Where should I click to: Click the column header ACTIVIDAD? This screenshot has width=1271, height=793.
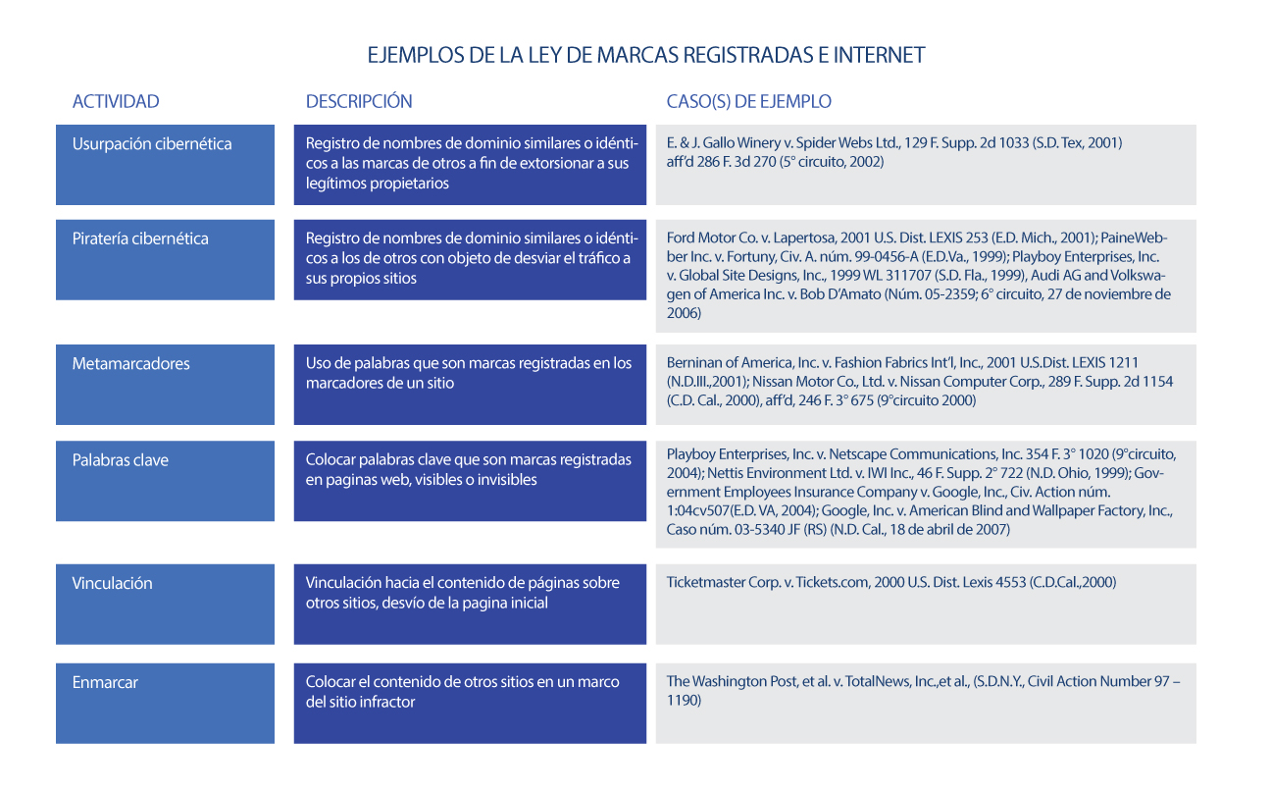tap(115, 101)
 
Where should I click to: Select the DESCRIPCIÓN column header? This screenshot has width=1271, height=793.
tap(359, 101)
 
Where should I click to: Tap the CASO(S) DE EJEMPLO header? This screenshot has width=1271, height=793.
tap(748, 101)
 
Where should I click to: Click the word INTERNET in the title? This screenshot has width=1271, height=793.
tap(879, 55)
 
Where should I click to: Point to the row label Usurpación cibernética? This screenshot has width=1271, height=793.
tap(151, 143)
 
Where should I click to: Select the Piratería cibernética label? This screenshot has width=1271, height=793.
tap(140, 238)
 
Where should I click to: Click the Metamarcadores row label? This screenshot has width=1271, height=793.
tap(130, 363)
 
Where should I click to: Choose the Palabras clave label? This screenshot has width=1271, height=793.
tap(120, 459)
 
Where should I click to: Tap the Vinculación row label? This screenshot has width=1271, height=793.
tap(112, 583)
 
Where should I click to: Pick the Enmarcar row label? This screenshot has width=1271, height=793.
tap(104, 682)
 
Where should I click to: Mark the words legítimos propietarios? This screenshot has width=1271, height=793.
tap(377, 183)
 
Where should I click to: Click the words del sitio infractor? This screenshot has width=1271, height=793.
tap(360, 702)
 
